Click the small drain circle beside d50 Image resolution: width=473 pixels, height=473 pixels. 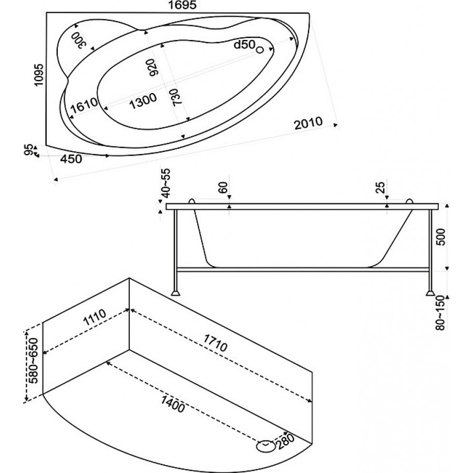pyautogui.click(x=259, y=50)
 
